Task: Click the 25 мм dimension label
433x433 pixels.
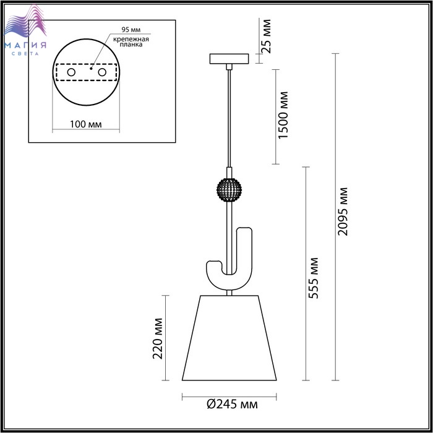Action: point(266,36)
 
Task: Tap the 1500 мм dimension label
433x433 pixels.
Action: point(283,115)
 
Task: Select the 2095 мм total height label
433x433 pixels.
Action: point(343,212)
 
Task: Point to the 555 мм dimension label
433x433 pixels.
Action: point(313,278)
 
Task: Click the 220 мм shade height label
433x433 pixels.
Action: point(158,338)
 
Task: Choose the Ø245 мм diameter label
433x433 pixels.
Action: point(232,404)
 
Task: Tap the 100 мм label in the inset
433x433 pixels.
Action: point(85,124)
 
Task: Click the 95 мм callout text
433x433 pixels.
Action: point(131,30)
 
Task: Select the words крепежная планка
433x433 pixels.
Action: point(131,41)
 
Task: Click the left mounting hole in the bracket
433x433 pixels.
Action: point(71,72)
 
